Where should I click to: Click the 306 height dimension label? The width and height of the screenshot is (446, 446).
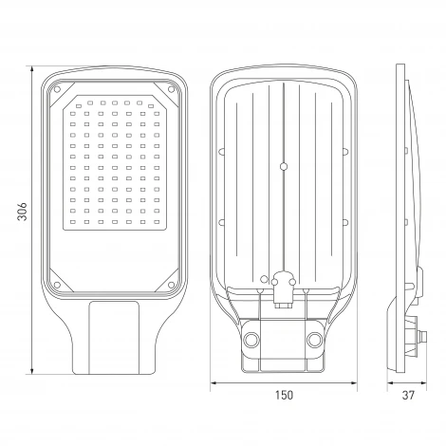(22, 212)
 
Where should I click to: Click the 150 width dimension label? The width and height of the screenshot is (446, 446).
(284, 395)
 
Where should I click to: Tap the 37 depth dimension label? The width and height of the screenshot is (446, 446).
(408, 395)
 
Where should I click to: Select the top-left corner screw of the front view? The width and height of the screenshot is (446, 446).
(57, 89)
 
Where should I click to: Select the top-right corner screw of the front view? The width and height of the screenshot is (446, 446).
(171, 89)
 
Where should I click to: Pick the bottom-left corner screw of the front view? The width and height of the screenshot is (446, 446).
(57, 285)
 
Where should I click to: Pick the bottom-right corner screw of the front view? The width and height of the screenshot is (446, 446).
(171, 285)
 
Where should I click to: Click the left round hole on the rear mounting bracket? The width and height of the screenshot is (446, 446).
(251, 340)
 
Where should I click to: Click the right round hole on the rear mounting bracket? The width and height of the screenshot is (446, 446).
(315, 340)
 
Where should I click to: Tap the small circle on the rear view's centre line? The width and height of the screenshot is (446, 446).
(284, 166)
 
